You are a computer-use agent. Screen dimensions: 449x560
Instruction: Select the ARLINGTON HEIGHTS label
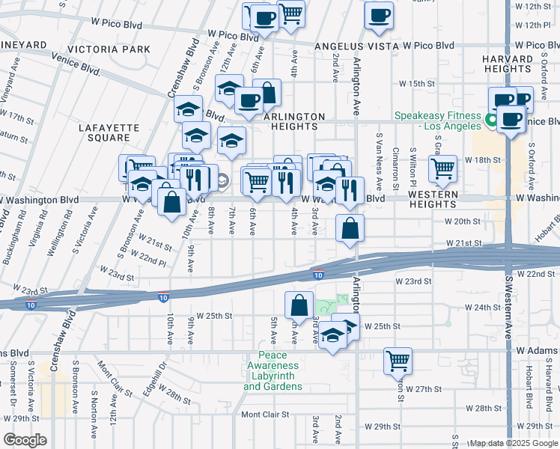tap(294, 122)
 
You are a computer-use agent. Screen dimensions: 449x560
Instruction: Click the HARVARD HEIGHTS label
tap(517, 64)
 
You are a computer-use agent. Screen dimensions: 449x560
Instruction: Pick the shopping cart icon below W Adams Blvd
tap(398, 360)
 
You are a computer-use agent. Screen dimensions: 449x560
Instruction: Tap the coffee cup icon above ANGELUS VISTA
tap(379, 15)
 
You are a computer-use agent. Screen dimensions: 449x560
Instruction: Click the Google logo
tap(24, 440)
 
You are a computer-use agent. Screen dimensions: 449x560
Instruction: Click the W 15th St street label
tap(417, 83)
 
